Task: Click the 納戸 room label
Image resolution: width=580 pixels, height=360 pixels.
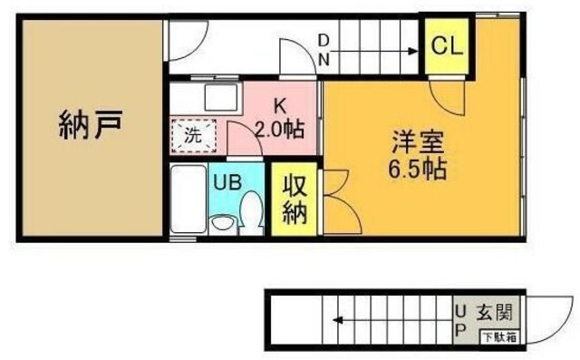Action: point(89,124)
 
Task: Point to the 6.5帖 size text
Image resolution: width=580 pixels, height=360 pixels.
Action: point(415,169)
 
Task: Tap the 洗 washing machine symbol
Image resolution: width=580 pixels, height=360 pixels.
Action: point(193,137)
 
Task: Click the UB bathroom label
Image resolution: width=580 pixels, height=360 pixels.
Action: point(226,180)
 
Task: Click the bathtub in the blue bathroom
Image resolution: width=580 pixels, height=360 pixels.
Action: point(188,200)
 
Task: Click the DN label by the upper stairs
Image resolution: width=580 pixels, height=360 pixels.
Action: point(324,51)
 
